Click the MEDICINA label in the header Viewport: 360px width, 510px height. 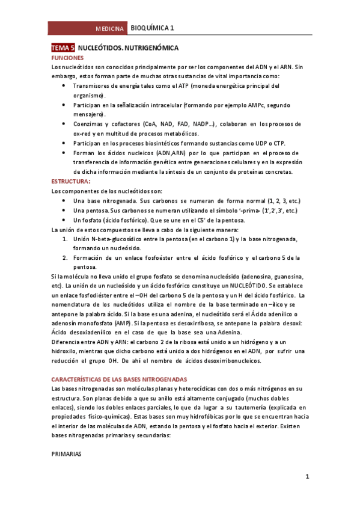tap(110, 29)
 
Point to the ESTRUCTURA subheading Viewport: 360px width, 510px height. tap(70, 181)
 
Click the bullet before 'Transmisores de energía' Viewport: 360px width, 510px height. tap(65, 86)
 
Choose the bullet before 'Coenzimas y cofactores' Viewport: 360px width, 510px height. tap(65, 124)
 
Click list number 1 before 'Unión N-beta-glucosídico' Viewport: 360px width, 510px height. tap(65, 239)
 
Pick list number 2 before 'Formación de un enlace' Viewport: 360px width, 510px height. tap(65, 257)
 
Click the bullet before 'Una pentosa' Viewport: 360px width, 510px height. tap(65, 210)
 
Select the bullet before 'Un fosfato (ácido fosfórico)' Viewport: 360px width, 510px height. tap(65, 220)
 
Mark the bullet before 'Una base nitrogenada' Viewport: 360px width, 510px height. tap(65, 200)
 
